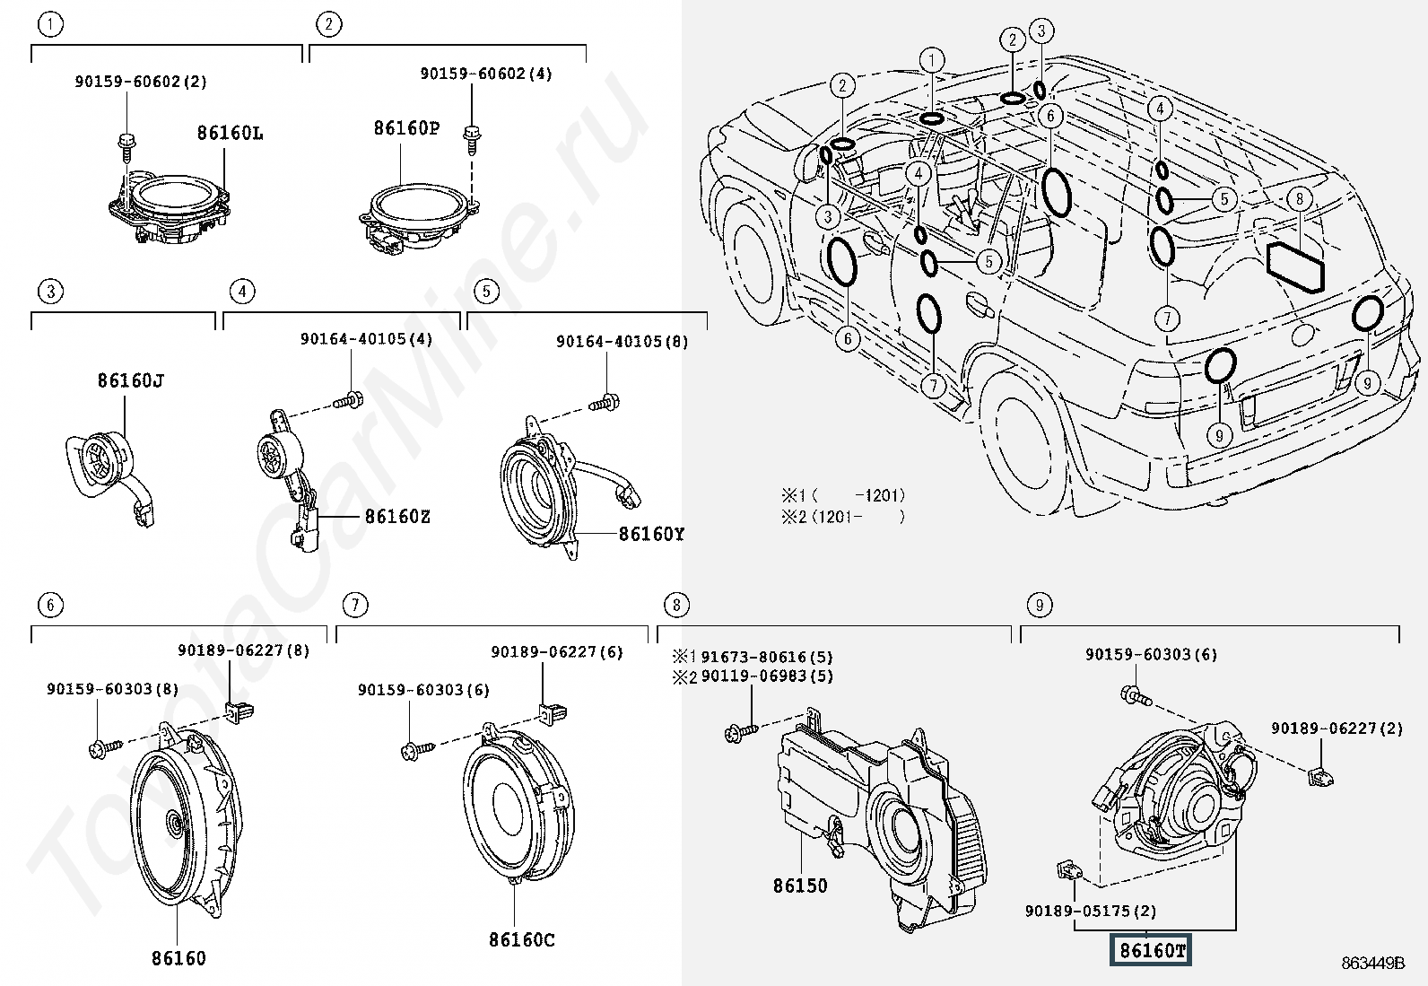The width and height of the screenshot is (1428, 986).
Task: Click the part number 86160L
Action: point(231,134)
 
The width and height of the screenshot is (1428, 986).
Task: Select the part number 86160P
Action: point(406,128)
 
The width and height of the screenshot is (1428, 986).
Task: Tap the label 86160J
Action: point(131,380)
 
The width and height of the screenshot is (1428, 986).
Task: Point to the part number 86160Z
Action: point(397,516)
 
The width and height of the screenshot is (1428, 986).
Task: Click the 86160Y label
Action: point(651,534)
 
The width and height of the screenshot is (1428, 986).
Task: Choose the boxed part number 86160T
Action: point(1151,951)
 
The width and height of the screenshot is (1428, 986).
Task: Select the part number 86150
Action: point(800,886)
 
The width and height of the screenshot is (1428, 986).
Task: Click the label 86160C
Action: point(522,939)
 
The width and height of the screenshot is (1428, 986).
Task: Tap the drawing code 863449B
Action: point(1373,963)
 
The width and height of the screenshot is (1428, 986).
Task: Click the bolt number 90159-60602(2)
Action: point(141,82)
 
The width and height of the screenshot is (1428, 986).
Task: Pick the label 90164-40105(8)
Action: point(623,342)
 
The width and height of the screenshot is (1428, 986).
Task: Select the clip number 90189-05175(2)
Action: point(1091,911)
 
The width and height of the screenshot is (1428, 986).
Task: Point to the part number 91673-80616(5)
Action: point(767,657)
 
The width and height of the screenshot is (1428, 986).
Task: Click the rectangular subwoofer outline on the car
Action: point(1294,266)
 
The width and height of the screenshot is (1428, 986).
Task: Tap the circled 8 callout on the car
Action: point(1300,198)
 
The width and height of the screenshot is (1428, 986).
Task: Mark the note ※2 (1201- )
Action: point(843,517)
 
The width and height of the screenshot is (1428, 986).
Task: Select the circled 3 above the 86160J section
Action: point(51,292)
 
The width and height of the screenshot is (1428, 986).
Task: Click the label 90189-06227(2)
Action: point(1337,729)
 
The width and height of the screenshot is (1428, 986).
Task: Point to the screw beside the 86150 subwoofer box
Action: point(742,732)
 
